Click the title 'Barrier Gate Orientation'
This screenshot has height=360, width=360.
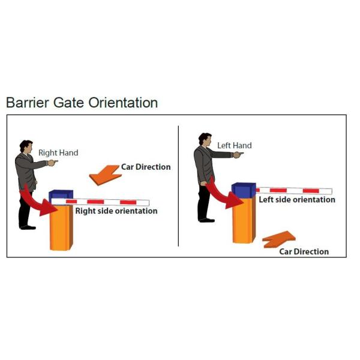(82, 103)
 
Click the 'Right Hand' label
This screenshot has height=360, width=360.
(58, 153)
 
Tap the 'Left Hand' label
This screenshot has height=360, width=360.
(234, 146)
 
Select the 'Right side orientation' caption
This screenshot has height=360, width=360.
(116, 211)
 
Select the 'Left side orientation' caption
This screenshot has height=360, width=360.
(297, 199)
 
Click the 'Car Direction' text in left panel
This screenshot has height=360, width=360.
(146, 167)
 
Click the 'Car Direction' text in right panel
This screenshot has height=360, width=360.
(304, 251)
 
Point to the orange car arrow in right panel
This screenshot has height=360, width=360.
(278, 239)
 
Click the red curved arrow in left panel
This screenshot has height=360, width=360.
(37, 203)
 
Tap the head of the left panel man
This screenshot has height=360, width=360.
(26, 146)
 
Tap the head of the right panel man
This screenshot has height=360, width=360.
(205, 139)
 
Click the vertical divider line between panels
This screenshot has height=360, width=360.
(179, 186)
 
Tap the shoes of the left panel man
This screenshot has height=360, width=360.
(27, 227)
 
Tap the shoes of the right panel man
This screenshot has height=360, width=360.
(206, 220)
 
